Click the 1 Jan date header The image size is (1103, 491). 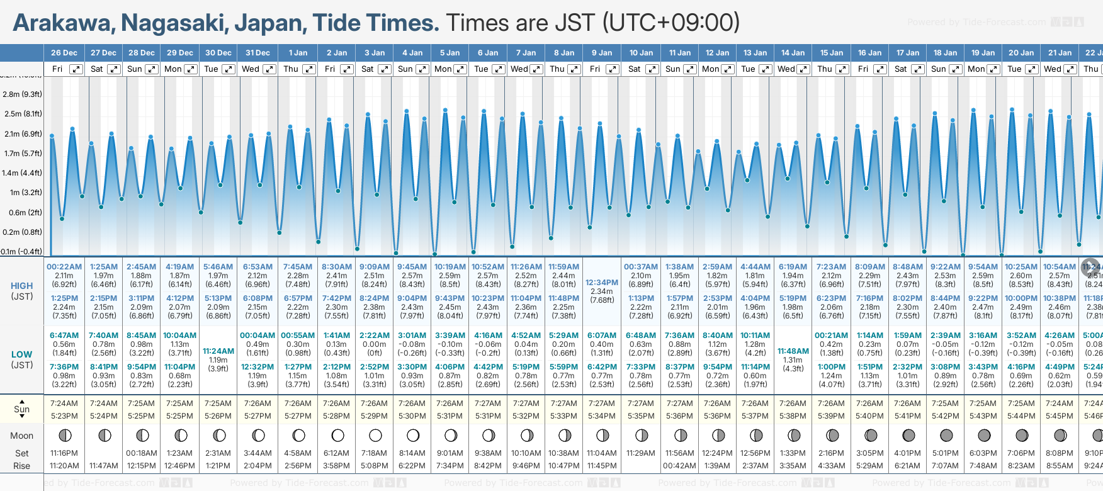point(298,53)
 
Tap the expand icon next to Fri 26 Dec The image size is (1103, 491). point(76,69)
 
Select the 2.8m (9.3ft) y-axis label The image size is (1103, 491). point(22,94)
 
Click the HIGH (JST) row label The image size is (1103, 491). point(22,291)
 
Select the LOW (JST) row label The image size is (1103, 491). point(22,359)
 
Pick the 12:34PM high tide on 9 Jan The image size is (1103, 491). point(602,283)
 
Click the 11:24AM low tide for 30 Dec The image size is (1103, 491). point(218,351)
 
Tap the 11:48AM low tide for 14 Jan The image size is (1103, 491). point(793,351)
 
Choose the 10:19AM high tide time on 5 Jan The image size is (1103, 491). point(450,267)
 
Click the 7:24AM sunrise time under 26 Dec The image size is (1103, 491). point(64,404)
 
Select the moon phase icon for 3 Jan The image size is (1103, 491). point(375,435)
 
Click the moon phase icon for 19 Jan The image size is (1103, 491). point(983,435)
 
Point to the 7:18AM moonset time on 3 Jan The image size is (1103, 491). point(374,453)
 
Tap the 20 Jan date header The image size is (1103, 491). point(1021,53)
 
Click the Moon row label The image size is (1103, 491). point(22,436)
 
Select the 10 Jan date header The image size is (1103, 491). point(642,53)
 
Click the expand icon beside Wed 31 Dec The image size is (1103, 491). point(269,69)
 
